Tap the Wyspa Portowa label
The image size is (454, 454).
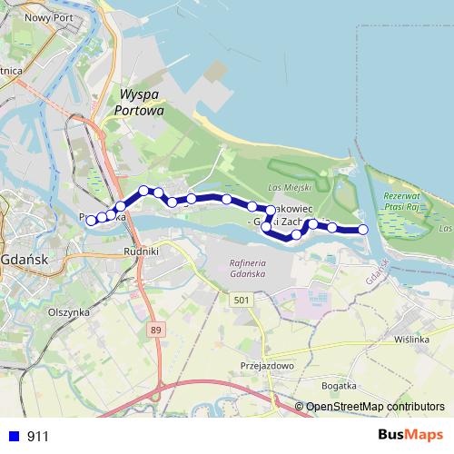tap(140, 102)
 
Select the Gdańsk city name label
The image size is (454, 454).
tap(24, 259)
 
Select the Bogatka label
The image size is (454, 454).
tap(340, 386)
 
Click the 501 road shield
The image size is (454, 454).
tap(240, 301)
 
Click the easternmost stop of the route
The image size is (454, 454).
tap(363, 230)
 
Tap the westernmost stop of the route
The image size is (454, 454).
tap(91, 221)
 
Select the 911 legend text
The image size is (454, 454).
tap(38, 437)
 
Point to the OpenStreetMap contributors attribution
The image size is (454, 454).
tap(375, 407)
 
